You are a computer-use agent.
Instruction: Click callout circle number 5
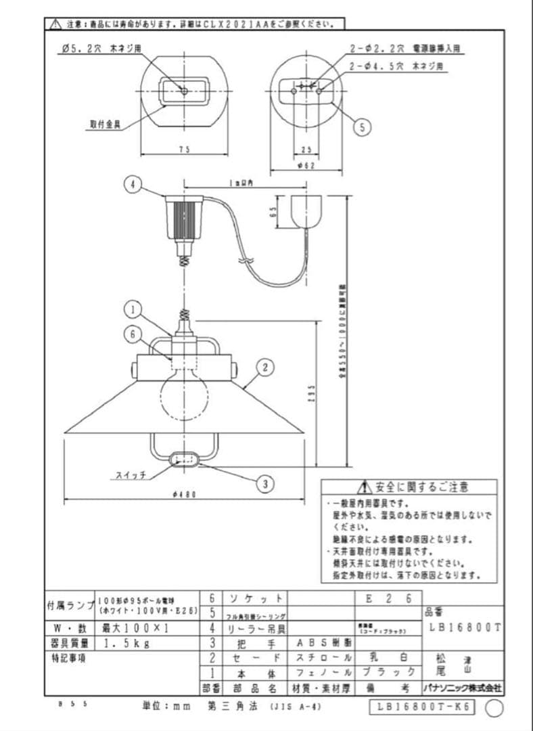click(363, 126)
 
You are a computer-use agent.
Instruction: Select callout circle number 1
click(133, 310)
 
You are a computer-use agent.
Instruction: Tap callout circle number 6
click(133, 333)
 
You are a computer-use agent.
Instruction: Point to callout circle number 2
click(266, 368)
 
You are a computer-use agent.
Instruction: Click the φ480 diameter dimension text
click(183, 495)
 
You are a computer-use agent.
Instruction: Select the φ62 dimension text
click(306, 166)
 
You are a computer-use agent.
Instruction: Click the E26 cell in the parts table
click(388, 599)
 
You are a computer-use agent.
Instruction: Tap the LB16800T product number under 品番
click(465, 627)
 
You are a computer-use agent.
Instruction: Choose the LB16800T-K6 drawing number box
click(423, 707)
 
